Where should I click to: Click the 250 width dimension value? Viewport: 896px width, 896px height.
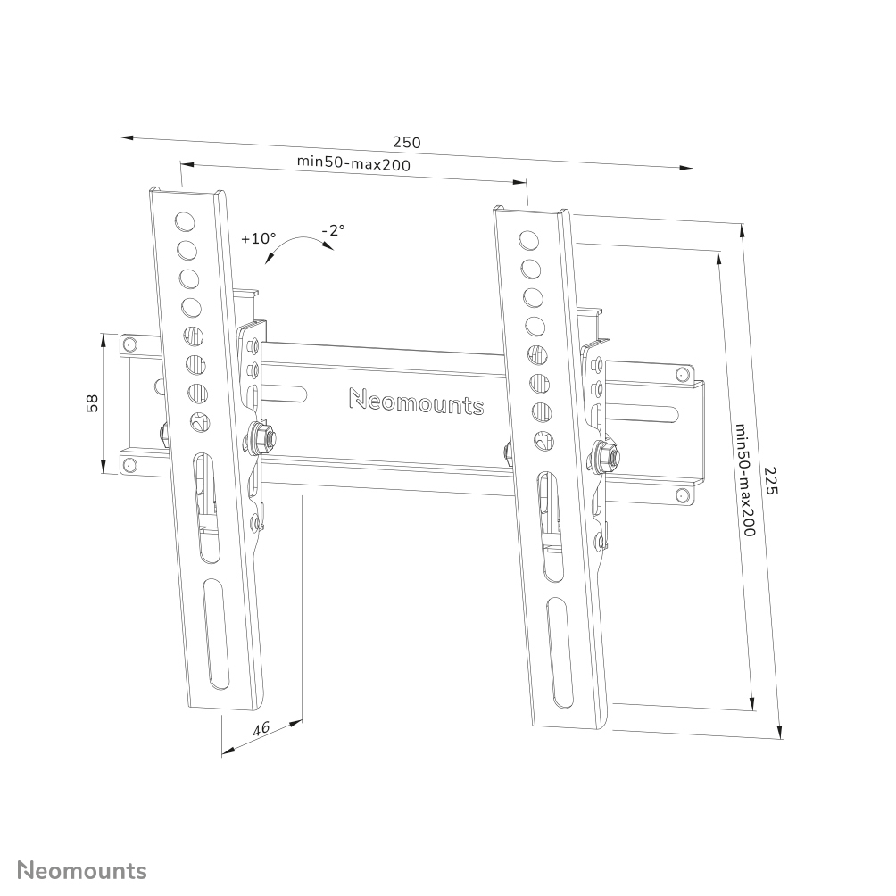point(406,142)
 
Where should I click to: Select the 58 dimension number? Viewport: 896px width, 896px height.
point(92,403)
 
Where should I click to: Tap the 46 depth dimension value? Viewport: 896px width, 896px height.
point(261,728)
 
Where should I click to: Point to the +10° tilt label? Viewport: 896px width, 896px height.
point(259,238)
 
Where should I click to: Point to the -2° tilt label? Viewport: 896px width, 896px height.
point(334,229)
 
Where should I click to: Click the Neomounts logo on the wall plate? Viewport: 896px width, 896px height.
point(416,402)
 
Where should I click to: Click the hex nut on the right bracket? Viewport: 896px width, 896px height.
point(605,455)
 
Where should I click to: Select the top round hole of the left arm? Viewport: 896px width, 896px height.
point(185,220)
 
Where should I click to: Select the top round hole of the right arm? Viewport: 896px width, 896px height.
point(528,240)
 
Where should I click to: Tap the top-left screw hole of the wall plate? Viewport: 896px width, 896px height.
point(130,344)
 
